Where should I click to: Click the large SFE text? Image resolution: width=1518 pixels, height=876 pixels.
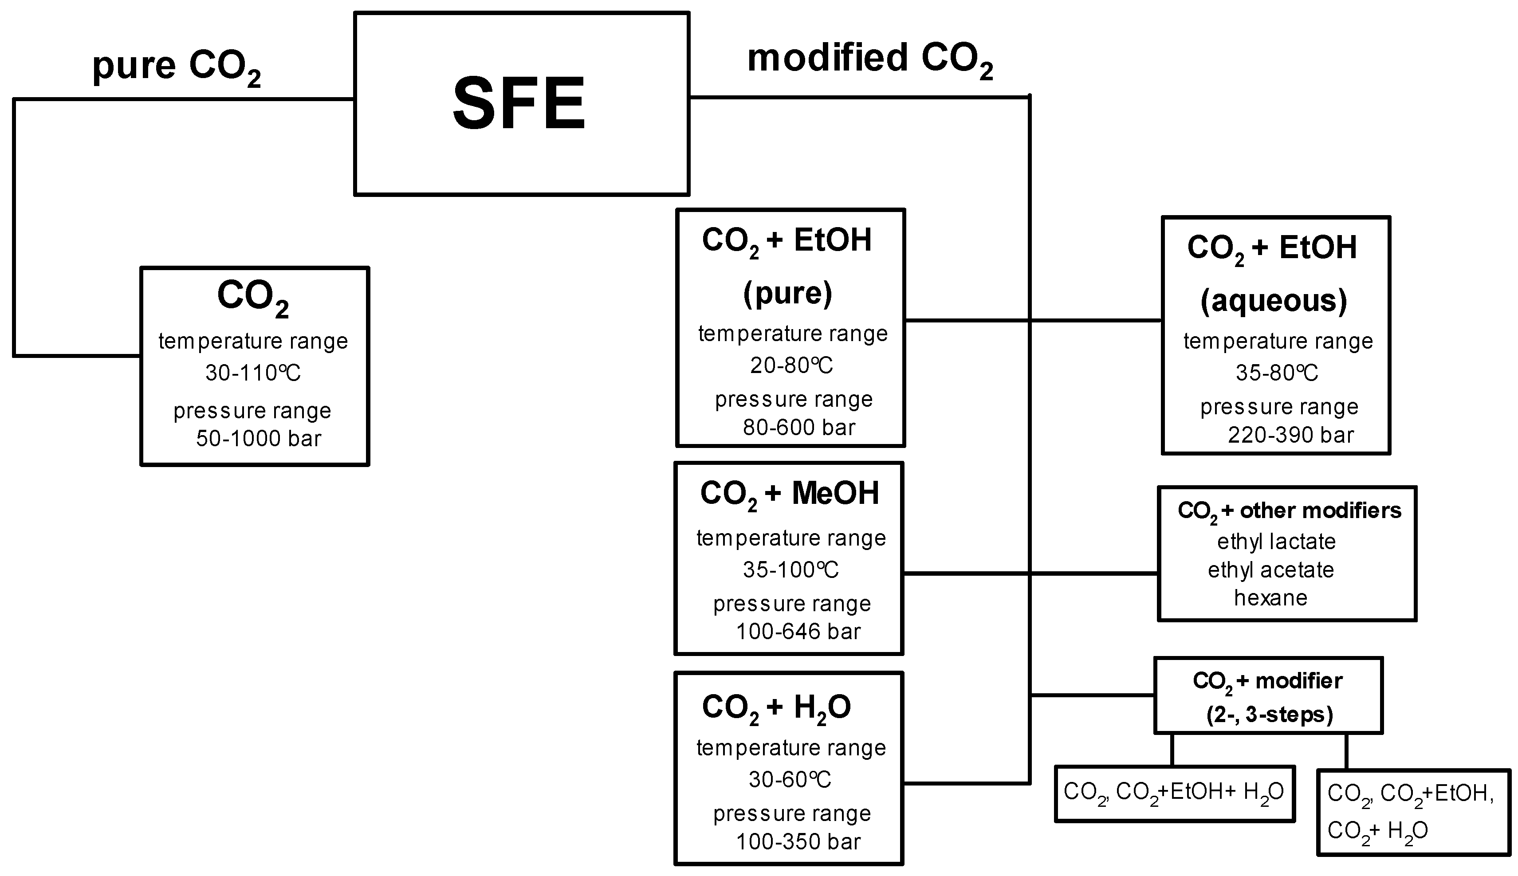coord(519,103)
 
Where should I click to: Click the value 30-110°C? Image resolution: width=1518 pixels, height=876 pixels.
coord(253,373)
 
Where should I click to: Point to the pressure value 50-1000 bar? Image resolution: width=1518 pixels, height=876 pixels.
coord(258,439)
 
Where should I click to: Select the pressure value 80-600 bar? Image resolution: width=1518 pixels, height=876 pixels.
coord(798,428)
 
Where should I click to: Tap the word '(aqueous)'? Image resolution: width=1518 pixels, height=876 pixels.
coord(1274,301)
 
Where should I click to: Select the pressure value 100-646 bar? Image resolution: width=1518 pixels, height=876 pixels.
coord(798,632)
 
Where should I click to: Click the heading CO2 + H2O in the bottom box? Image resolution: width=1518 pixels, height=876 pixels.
coord(776,707)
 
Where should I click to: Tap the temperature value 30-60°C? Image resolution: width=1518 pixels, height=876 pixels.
coord(790,780)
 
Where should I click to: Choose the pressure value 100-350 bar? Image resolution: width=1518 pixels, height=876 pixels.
coord(798,842)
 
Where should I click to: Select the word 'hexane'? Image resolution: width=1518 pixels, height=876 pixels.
coord(1271,598)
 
